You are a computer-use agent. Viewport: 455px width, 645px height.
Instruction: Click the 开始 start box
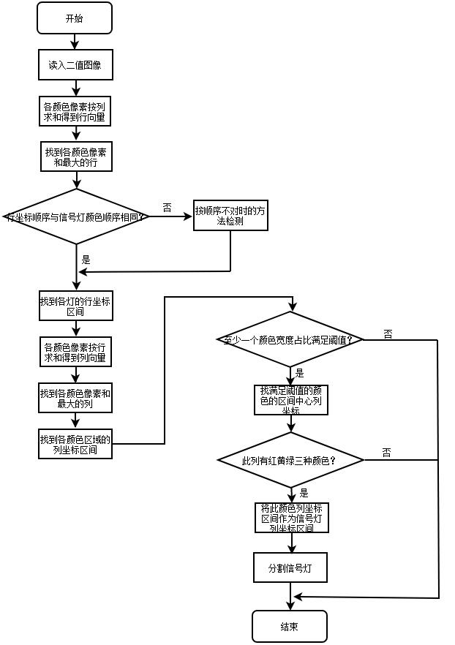click(x=75, y=18)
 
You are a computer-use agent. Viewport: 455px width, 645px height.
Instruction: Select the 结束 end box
click(x=289, y=627)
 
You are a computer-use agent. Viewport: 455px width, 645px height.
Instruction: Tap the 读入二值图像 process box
click(x=75, y=65)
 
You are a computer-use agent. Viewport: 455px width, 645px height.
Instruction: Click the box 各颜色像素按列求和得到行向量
click(x=75, y=111)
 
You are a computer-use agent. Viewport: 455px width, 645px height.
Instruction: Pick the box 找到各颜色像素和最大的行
click(x=75, y=157)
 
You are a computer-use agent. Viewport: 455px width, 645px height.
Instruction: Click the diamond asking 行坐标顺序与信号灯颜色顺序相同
click(x=76, y=216)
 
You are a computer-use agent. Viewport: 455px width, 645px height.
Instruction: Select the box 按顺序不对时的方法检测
click(x=230, y=216)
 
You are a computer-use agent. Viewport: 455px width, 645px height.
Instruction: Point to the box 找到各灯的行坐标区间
click(x=75, y=306)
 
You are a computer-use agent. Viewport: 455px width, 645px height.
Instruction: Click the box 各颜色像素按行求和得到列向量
click(x=75, y=352)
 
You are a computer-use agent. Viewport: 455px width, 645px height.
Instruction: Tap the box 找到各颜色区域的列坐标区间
click(x=75, y=445)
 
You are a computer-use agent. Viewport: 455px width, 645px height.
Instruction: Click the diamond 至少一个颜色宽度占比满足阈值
click(x=290, y=340)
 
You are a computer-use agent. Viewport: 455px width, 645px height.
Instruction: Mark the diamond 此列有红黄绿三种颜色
click(x=290, y=461)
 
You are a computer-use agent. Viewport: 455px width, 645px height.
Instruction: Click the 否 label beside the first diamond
click(x=167, y=208)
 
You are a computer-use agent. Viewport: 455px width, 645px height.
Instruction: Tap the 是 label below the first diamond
click(x=86, y=260)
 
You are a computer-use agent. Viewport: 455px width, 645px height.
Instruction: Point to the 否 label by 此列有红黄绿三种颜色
click(x=387, y=453)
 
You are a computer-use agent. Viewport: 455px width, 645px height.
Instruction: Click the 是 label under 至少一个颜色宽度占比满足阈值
click(x=299, y=373)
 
